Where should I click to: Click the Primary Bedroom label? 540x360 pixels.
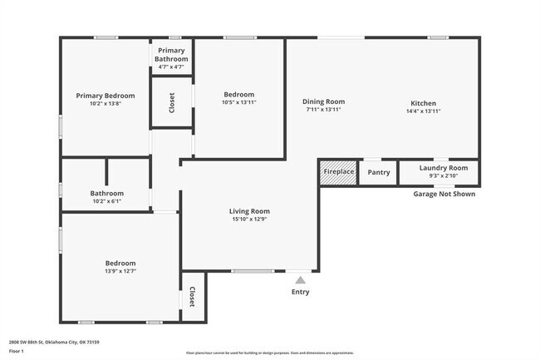point(106,96)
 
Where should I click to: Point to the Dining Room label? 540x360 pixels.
point(323,101)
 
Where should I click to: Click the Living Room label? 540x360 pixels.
point(249,211)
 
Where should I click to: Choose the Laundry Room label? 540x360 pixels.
point(444,168)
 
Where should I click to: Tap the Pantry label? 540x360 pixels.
point(379,172)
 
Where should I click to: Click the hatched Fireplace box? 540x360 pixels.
point(339,172)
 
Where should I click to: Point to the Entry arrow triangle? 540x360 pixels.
point(300,279)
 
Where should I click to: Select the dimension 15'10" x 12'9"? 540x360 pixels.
point(249,220)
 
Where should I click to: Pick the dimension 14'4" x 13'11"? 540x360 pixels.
point(424,111)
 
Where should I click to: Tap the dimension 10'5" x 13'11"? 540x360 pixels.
point(238,103)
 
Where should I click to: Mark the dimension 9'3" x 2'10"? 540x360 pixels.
point(444,175)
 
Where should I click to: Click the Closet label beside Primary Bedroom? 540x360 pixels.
point(172,102)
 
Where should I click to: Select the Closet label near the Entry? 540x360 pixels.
point(192,297)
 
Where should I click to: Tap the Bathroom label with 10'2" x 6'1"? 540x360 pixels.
point(106,194)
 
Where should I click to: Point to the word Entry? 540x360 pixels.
point(300,292)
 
